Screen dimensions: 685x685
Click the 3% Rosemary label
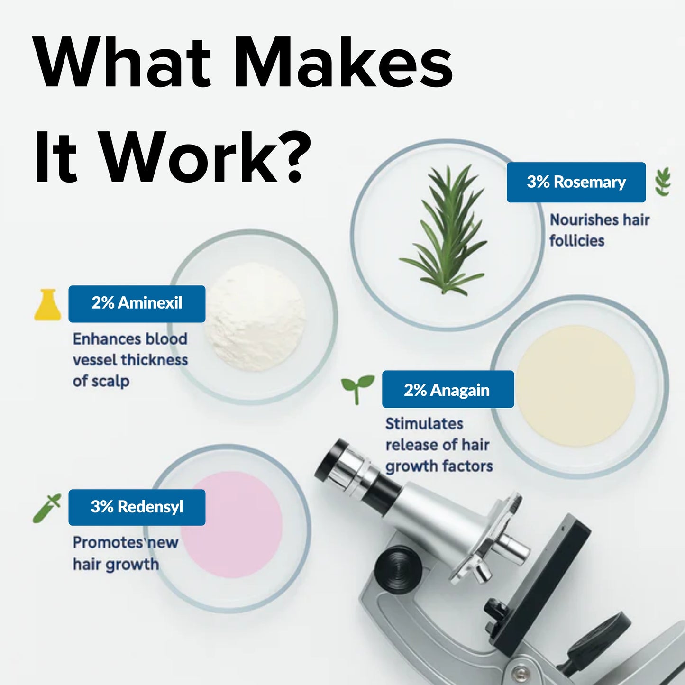[576, 182]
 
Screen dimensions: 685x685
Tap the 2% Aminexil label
[137, 303]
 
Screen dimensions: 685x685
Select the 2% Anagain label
[448, 390]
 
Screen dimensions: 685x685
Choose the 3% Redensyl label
[137, 507]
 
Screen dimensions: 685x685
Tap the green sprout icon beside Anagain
[357, 388]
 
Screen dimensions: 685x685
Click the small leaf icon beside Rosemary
[663, 182]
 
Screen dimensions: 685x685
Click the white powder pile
[256, 316]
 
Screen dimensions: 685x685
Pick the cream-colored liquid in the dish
[575, 383]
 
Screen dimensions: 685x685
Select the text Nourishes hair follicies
[599, 230]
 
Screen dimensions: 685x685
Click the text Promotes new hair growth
[124, 553]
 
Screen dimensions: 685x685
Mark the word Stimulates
[424, 423]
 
